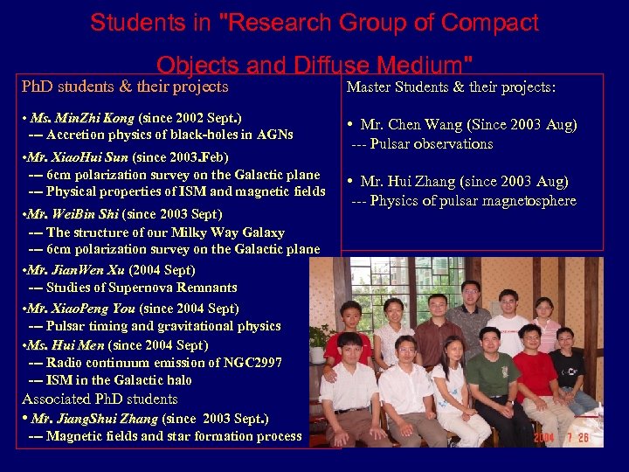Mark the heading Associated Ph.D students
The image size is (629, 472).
point(100,399)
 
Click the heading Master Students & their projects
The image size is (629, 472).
point(452,87)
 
